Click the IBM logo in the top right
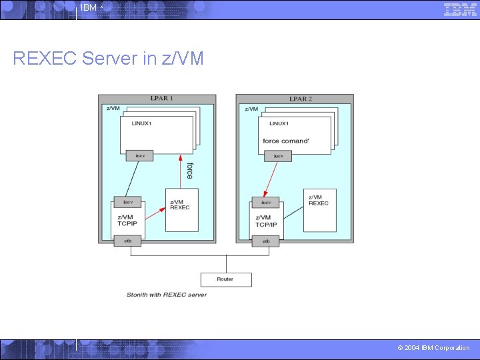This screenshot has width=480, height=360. [x=460, y=9]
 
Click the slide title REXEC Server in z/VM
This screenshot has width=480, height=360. [x=108, y=59]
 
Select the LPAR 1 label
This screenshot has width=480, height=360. [x=161, y=99]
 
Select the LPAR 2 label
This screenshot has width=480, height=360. [x=300, y=99]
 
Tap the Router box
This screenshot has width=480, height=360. [x=226, y=279]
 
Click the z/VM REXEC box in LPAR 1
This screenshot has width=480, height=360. [x=181, y=209]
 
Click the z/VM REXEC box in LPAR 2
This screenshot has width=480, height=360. [x=320, y=209]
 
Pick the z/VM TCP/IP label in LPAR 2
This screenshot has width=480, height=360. [x=266, y=221]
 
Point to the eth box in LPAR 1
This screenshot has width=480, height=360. [x=127, y=241]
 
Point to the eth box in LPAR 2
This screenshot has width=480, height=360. [x=266, y=241]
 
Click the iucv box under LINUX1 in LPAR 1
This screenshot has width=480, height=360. [x=140, y=155]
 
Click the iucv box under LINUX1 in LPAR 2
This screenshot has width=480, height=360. [x=277, y=156]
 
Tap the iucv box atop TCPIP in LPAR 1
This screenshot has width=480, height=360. [x=127, y=202]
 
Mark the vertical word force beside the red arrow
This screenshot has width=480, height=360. [x=189, y=171]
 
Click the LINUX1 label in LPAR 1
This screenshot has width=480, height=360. [x=142, y=123]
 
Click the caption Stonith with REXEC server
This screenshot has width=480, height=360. [x=167, y=294]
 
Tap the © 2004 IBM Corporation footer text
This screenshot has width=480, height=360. [x=433, y=348]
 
